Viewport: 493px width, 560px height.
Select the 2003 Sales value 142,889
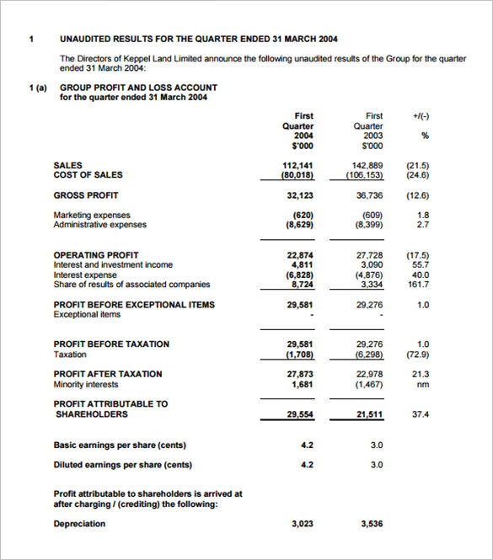[367, 165]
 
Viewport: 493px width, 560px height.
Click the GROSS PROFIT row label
[85, 195]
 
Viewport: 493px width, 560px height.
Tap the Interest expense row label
[85, 275]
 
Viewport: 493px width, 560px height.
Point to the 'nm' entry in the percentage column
[423, 384]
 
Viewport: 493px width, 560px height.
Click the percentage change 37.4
[421, 414]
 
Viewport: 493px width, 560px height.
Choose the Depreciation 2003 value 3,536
[371, 524]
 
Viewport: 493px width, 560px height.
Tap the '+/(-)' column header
[422, 115]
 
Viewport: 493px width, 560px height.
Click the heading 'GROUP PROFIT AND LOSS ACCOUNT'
[138, 88]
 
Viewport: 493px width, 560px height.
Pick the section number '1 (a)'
[38, 88]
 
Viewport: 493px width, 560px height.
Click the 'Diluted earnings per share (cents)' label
[122, 464]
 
